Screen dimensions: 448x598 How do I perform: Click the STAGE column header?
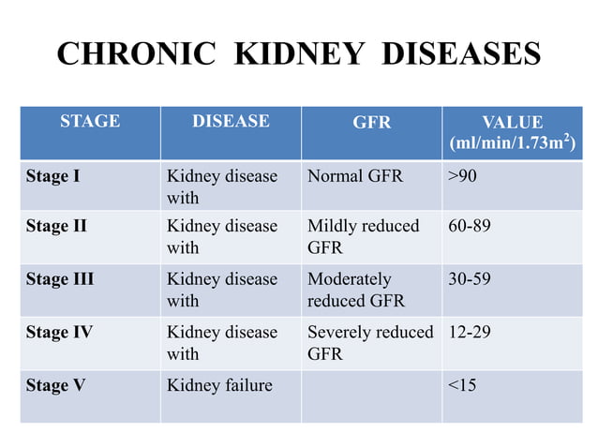pos(90,122)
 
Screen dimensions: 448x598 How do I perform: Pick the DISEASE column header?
pos(231,122)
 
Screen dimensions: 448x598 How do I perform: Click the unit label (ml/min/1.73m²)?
pos(512,144)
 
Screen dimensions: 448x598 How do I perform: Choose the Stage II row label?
pos(56,226)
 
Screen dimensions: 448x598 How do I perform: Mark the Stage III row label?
pos(60,279)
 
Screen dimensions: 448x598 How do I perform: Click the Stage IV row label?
pos(59,333)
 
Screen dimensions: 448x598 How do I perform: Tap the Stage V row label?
pos(55,385)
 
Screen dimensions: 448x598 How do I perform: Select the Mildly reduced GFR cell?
pos(364,237)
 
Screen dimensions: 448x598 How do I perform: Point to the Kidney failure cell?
pos(219,385)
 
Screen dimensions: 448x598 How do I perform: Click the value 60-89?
pos(470,226)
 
